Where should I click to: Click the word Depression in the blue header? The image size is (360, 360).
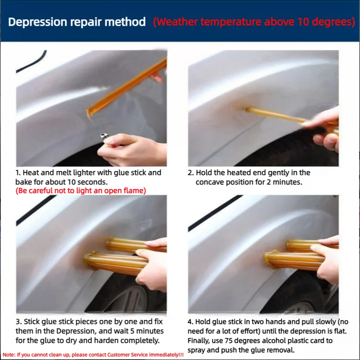tap(38, 22)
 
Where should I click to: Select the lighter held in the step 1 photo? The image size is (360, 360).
tap(105, 137)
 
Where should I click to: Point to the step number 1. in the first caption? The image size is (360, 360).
tap(18, 173)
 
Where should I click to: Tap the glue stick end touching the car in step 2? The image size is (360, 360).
tap(247, 108)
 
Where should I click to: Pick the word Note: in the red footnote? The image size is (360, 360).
tap(9, 355)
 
